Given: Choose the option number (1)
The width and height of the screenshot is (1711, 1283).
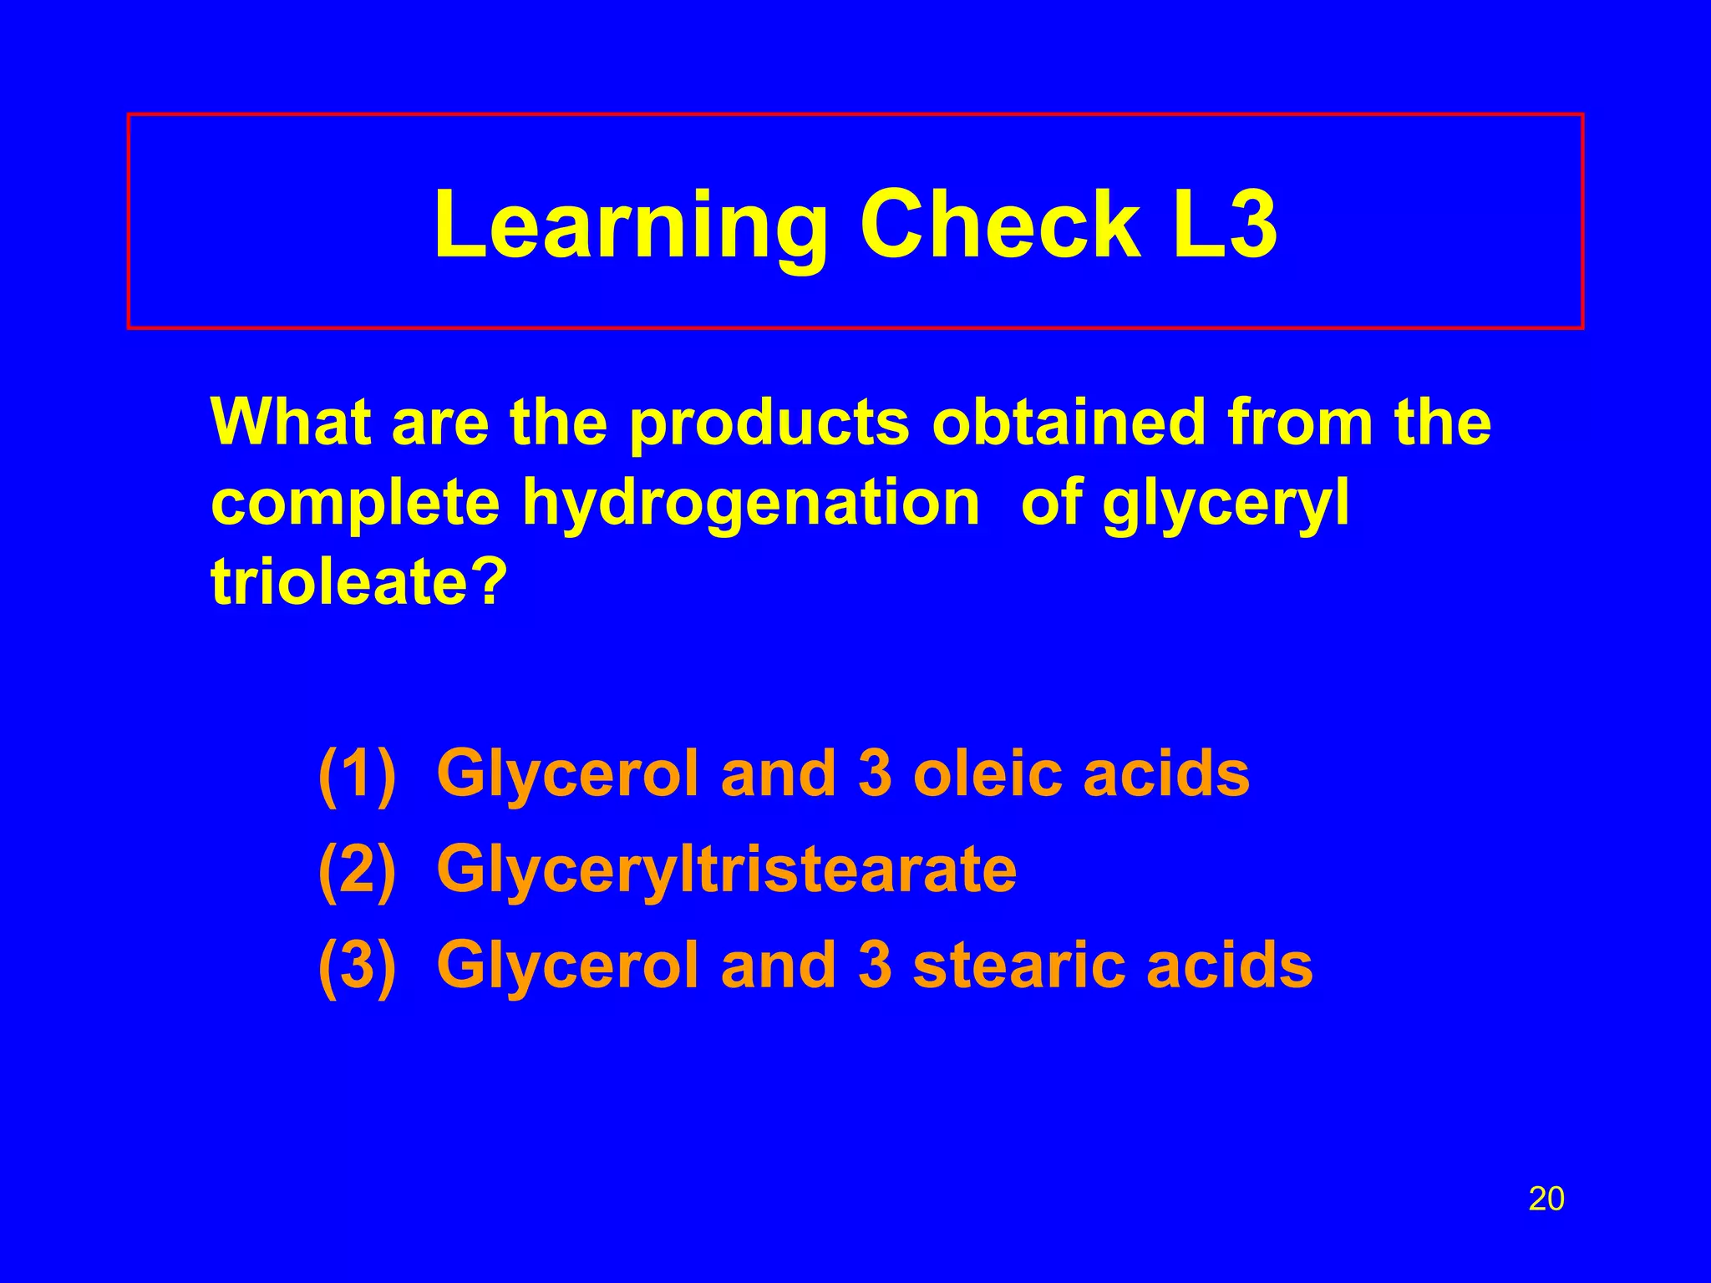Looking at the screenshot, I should pos(357,774).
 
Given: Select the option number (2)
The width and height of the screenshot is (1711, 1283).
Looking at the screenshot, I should pos(357,870).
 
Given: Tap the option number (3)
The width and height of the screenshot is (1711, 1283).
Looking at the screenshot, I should pos(357,966).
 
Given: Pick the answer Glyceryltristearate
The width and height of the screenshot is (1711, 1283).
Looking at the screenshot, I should pos(726,870).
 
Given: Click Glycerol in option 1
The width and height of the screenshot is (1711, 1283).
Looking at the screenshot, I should pos(567,774).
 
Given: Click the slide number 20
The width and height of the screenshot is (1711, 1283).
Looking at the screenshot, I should pos(1546,1199).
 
